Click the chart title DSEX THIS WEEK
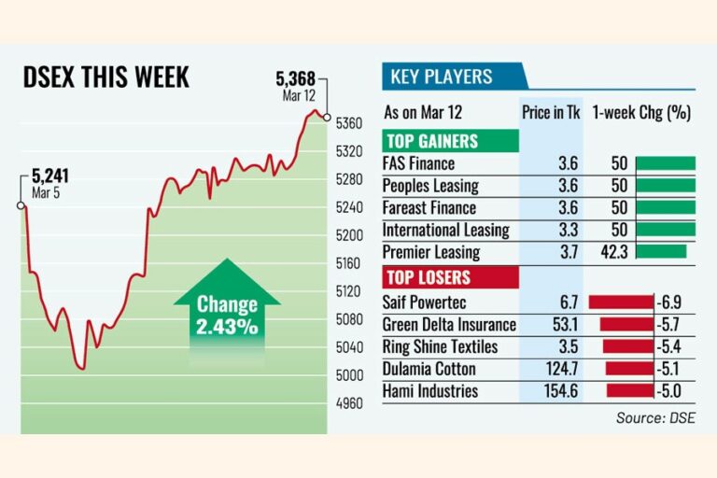105,77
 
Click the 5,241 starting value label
50,175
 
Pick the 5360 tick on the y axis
347,123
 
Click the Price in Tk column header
551,113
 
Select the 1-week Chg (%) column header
641,113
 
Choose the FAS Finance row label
418,163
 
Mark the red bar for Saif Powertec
620,302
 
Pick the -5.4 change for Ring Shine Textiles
672,346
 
